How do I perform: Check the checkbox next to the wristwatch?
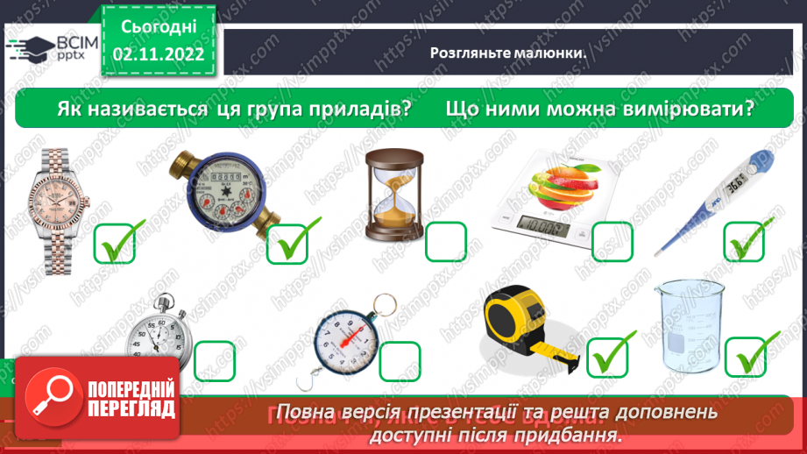(x=114, y=242)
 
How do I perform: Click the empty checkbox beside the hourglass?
(x=446, y=242)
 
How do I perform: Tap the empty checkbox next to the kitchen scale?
(x=612, y=242)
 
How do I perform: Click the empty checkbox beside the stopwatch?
(x=214, y=361)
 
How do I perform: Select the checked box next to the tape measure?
(x=612, y=355)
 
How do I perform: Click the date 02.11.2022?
(x=158, y=55)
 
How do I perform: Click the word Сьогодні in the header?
(x=158, y=28)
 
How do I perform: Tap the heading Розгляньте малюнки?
(x=506, y=52)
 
